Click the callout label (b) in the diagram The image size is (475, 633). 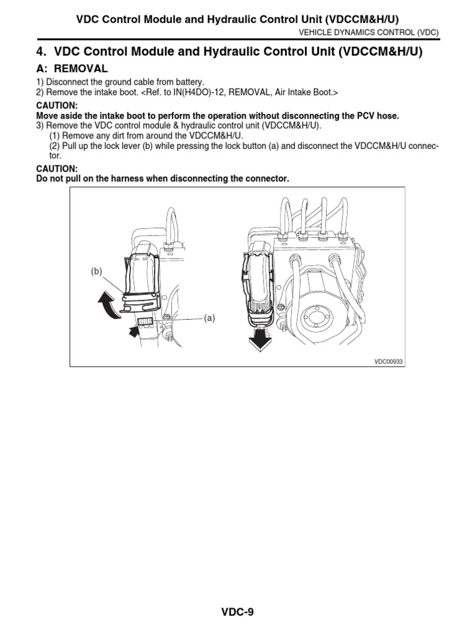[96, 271]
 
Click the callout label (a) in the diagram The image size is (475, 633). [209, 318]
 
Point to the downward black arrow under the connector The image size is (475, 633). [260, 339]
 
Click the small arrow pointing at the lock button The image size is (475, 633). [134, 333]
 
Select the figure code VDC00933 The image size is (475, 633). [388, 362]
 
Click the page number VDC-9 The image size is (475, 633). [238, 613]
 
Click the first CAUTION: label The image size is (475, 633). [57, 106]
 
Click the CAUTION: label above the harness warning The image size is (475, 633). [57, 168]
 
